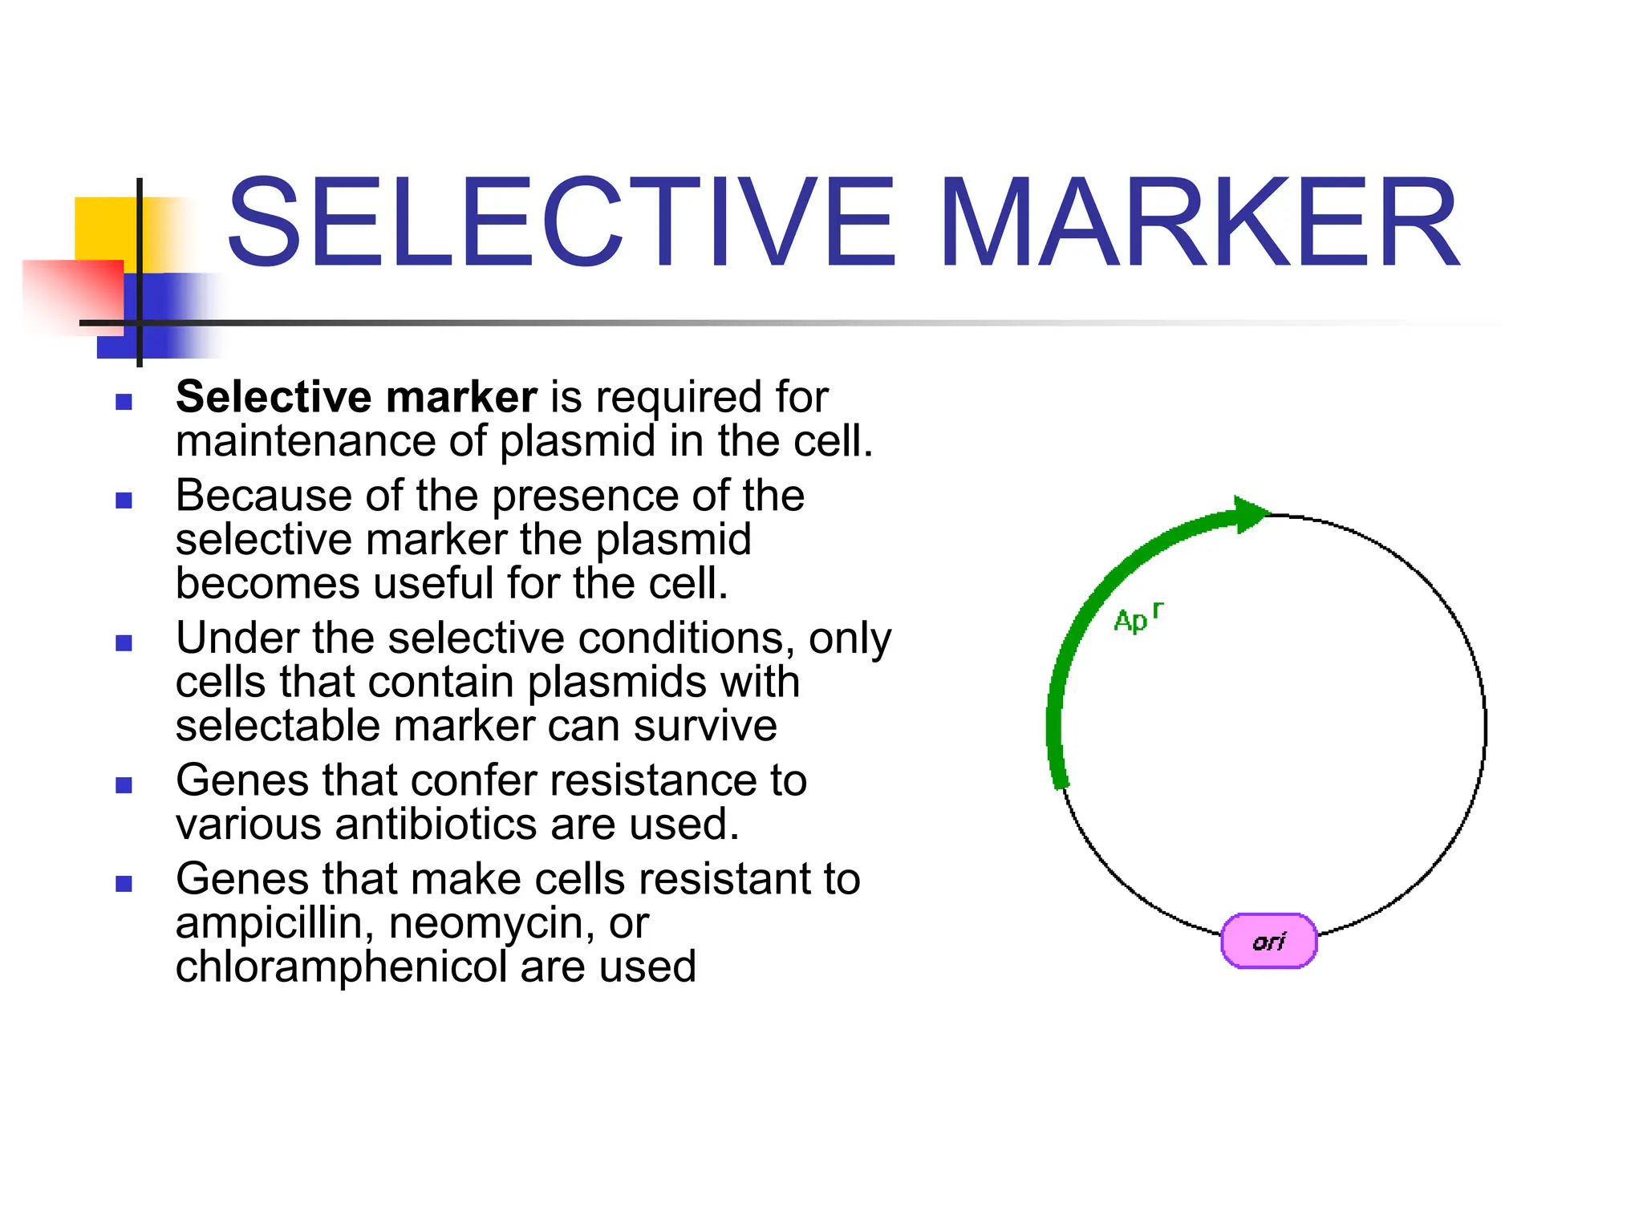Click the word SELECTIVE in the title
tap(560, 222)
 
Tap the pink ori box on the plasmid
tap(1268, 941)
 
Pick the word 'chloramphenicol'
tap(341, 967)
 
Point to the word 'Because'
tap(263, 496)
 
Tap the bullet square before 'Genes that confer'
tap(124, 785)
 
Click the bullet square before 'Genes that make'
tap(124, 884)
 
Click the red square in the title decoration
tap(72, 293)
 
